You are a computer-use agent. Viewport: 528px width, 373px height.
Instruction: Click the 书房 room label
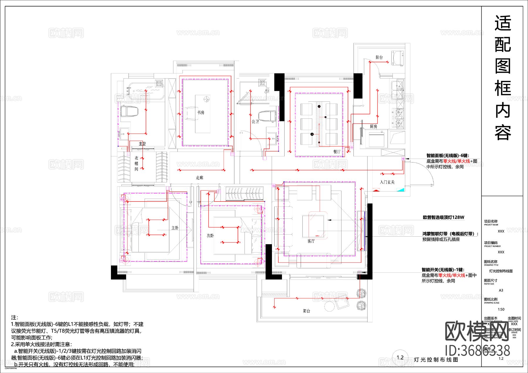201,112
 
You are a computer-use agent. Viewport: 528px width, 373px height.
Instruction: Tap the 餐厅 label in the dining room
337,152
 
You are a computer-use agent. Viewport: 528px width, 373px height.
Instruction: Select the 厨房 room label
373,126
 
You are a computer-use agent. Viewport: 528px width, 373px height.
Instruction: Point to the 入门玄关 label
387,182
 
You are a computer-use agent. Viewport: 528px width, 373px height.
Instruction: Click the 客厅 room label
311,241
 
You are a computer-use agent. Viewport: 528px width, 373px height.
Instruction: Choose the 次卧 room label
210,235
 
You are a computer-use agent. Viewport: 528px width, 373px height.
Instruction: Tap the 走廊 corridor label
199,177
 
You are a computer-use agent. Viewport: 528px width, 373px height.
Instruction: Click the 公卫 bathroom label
255,121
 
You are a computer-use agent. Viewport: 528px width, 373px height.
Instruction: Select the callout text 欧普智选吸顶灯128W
444,217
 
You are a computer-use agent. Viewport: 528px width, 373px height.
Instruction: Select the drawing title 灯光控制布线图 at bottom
436,360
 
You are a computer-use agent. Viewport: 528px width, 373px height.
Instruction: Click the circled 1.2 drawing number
400,357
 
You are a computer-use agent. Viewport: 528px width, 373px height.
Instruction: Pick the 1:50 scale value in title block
501,309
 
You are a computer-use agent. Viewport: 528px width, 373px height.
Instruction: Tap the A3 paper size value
501,290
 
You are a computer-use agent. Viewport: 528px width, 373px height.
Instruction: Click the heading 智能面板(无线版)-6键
447,156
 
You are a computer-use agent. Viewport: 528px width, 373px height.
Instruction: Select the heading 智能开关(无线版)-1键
443,270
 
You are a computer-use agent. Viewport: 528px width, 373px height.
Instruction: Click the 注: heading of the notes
14,318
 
